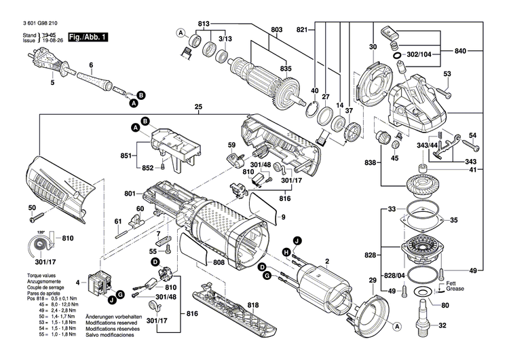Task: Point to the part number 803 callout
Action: click(x=276, y=29)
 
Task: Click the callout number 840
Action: click(x=460, y=51)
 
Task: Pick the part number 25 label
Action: click(x=198, y=107)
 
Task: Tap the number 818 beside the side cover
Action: click(x=235, y=306)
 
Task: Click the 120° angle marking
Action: click(x=44, y=232)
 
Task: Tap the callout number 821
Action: click(x=303, y=29)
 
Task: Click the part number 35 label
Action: click(x=454, y=219)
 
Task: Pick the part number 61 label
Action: click(x=117, y=221)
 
